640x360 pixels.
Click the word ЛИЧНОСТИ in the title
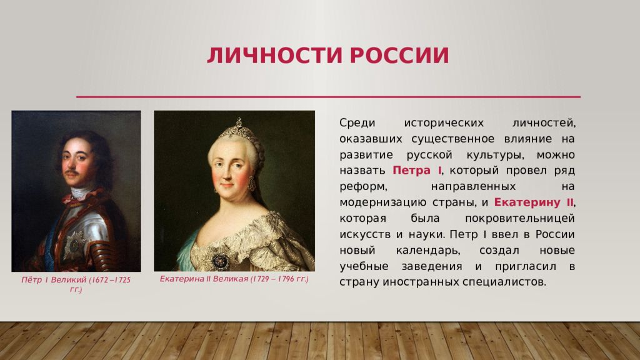point(274,56)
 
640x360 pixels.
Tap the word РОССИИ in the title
point(399,56)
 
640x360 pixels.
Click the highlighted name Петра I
point(417,170)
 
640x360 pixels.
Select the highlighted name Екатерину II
point(534,202)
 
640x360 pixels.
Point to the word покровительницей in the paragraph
point(519,218)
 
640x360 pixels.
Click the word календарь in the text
point(428,251)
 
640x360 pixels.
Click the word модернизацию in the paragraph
point(383,203)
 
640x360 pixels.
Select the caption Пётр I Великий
point(54,280)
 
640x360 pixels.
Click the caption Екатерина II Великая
point(204,279)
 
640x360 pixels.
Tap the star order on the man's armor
point(74,245)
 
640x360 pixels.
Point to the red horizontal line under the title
point(328,97)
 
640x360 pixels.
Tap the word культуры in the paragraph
point(494,155)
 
